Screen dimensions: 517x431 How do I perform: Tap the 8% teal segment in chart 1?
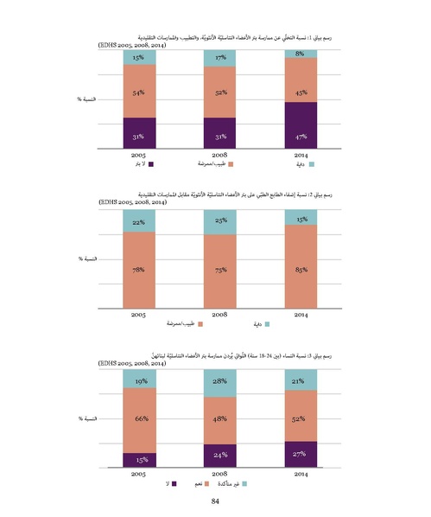tap(300, 54)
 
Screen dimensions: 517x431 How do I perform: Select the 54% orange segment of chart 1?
tap(138, 92)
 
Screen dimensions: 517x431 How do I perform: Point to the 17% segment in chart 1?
tap(219, 58)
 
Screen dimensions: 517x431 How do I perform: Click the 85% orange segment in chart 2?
tap(300, 268)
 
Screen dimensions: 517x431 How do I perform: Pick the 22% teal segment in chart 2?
tap(138, 222)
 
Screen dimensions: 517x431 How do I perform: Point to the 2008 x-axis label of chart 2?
tap(219, 315)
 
